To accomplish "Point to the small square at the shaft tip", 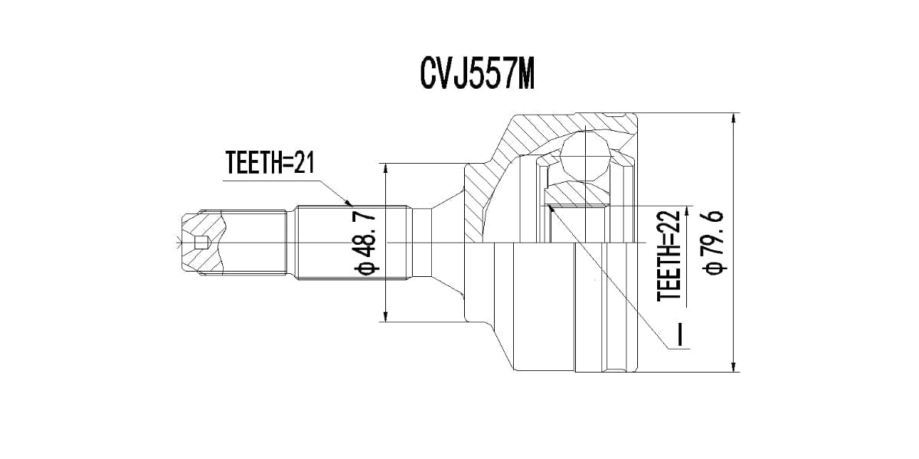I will [x=201, y=243].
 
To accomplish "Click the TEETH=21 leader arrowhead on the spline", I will [x=348, y=203].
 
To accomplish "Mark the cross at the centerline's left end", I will [x=178, y=244].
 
